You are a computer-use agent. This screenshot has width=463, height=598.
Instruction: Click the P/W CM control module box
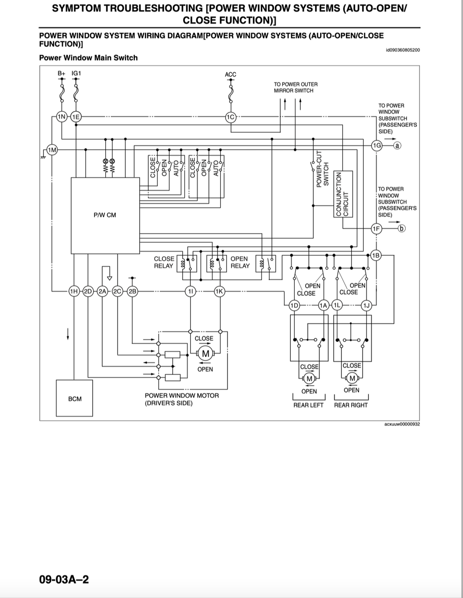click(105, 215)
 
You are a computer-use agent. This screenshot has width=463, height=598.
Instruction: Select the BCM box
click(75, 398)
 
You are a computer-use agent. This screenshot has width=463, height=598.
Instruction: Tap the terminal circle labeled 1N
click(62, 117)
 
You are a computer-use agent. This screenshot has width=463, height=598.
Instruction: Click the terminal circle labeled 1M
click(52, 150)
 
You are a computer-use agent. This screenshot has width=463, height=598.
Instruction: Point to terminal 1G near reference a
click(377, 145)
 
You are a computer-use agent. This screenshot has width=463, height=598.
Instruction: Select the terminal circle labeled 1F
click(376, 229)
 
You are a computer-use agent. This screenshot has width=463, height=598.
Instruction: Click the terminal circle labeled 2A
click(103, 291)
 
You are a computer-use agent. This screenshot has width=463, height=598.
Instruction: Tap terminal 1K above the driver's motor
click(220, 291)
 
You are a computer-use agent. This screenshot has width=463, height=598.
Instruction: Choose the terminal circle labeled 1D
click(294, 305)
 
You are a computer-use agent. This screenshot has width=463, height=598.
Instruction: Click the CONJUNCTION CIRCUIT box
click(343, 194)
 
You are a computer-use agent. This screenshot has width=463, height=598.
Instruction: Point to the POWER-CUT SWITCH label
click(322, 169)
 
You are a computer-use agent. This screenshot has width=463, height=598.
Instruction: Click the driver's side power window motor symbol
click(206, 354)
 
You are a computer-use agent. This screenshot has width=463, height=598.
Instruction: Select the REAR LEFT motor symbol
click(309, 378)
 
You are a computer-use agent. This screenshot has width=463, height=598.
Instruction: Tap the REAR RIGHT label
click(351, 405)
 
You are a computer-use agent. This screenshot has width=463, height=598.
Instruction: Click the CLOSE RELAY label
click(164, 262)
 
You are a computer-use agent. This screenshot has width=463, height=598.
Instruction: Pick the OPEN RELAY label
click(240, 262)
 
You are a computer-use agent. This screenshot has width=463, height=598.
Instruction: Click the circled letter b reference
click(402, 229)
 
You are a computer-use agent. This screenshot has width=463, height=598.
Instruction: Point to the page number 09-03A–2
click(64, 579)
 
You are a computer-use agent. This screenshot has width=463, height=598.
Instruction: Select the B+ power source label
click(61, 73)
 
